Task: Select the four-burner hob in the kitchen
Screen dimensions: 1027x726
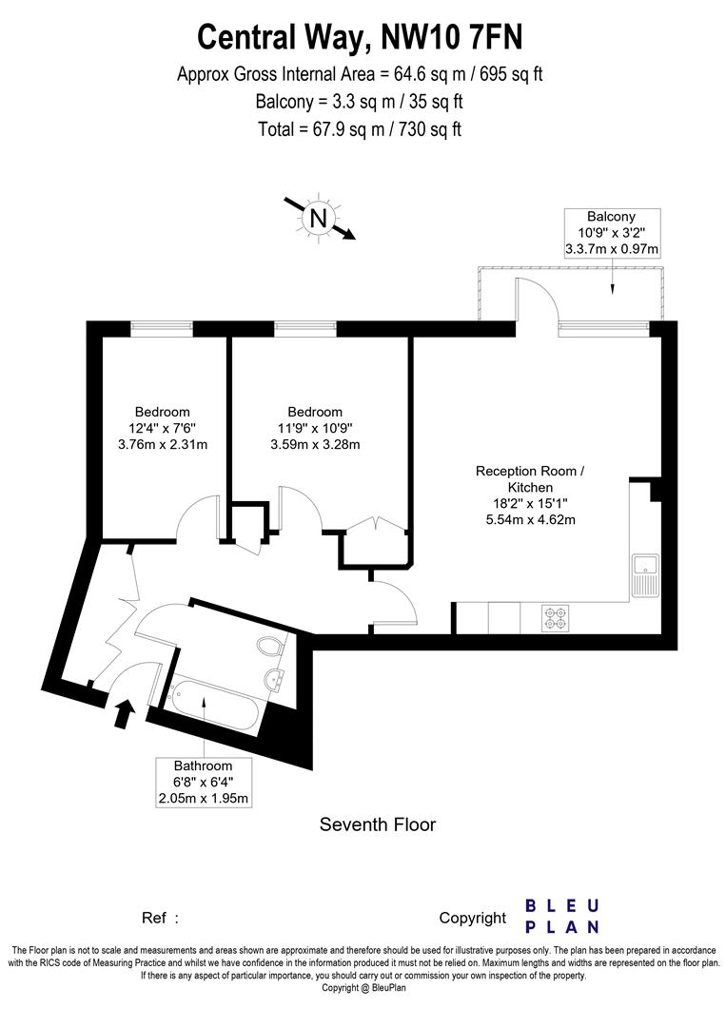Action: pos(556,618)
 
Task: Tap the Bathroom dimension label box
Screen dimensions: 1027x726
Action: pos(204,783)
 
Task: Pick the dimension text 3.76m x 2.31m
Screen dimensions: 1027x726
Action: pos(162,444)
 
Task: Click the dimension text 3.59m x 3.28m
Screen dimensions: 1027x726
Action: pos(315,444)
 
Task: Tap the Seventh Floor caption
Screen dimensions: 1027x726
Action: pos(377,824)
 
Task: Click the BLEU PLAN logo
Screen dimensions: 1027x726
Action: pos(562,916)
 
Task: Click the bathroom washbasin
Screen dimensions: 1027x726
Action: pos(277,680)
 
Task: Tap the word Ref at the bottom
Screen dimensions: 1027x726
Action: pos(155,919)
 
